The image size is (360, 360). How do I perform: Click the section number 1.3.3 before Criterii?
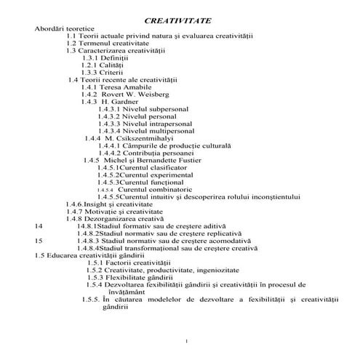coord(89,72)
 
